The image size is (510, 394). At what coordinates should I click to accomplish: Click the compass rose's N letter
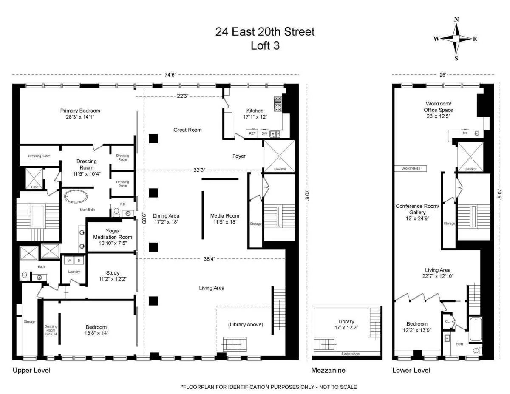456,20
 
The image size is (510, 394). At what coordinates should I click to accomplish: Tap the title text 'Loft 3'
265,46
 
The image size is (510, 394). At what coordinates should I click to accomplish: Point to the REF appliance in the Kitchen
252,133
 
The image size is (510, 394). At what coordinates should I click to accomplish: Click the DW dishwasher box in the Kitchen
264,133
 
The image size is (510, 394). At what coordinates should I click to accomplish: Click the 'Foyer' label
239,156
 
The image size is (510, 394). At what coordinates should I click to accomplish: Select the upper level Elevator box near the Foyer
279,156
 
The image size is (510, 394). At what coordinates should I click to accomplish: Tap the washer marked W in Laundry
68,260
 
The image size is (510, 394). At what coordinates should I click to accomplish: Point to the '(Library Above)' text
245,324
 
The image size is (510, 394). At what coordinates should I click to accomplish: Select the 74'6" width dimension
170,75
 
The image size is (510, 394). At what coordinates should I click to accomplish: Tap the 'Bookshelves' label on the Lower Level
411,168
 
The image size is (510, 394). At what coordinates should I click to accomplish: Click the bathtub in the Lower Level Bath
476,329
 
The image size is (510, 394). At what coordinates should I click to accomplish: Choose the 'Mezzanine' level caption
328,370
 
